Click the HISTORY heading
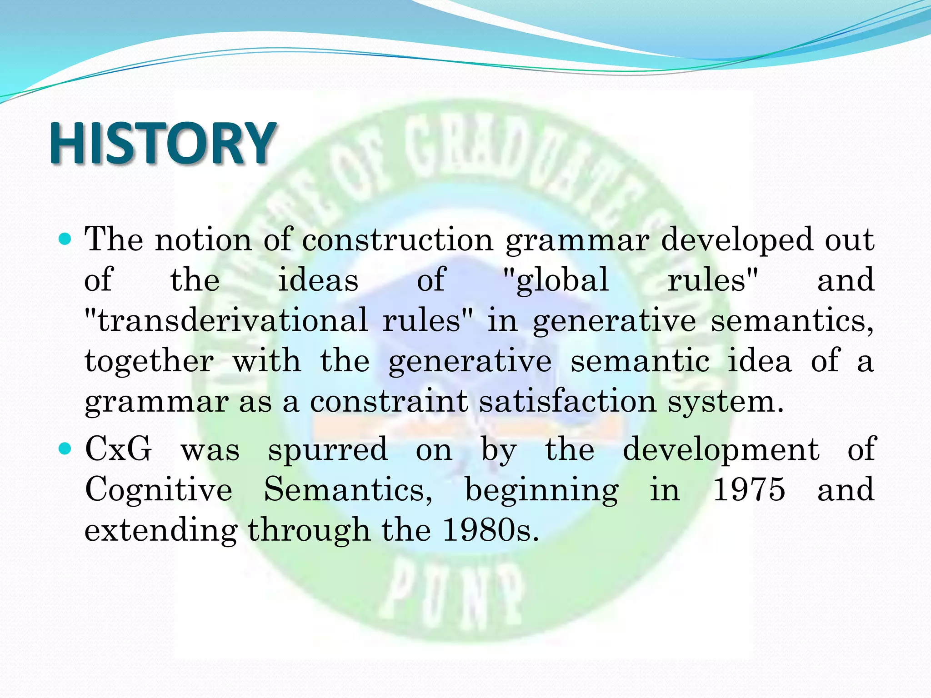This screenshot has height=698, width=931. pos(162,144)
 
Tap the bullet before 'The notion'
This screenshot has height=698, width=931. pos(66,239)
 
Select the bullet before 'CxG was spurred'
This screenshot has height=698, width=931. pos(66,449)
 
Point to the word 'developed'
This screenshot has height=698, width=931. pos(736,241)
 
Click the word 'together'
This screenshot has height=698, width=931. pos(150,361)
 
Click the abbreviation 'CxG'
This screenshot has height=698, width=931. pos(118,449)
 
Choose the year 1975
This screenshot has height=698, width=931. pos(749,490)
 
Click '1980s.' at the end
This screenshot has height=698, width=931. pos(491,530)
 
